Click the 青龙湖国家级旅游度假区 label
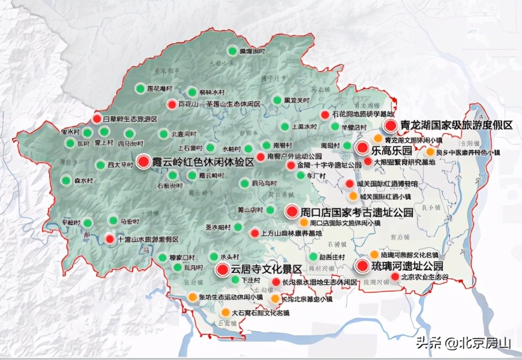(456, 125)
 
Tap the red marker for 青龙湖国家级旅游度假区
(391, 125)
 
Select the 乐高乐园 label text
(392, 149)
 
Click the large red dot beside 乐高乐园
(362, 148)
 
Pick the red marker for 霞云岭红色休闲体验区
(143, 161)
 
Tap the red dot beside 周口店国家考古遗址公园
(292, 211)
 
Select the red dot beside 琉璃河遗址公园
(362, 266)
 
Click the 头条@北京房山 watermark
(462, 343)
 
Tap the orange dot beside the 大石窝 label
(225, 312)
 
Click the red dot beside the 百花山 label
(172, 103)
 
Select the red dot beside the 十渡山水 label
(109, 238)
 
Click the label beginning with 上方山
(292, 233)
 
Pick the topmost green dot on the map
(232, 52)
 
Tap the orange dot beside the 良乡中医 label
(430, 152)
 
